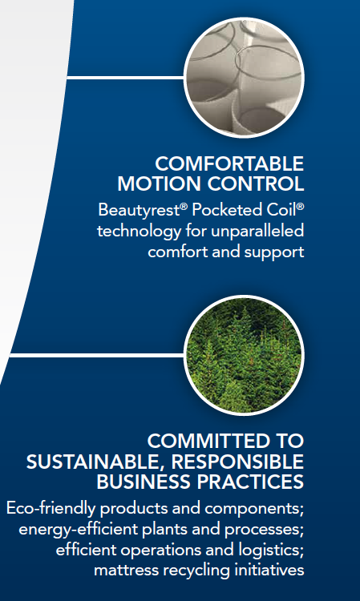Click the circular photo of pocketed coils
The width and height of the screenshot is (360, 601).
244,78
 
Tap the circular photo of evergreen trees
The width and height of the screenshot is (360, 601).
244,355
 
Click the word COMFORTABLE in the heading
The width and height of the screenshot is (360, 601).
229,164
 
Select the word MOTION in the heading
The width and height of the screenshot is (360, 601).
160,184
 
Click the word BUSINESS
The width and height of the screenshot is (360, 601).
147,482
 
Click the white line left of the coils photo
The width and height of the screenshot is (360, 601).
126,78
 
